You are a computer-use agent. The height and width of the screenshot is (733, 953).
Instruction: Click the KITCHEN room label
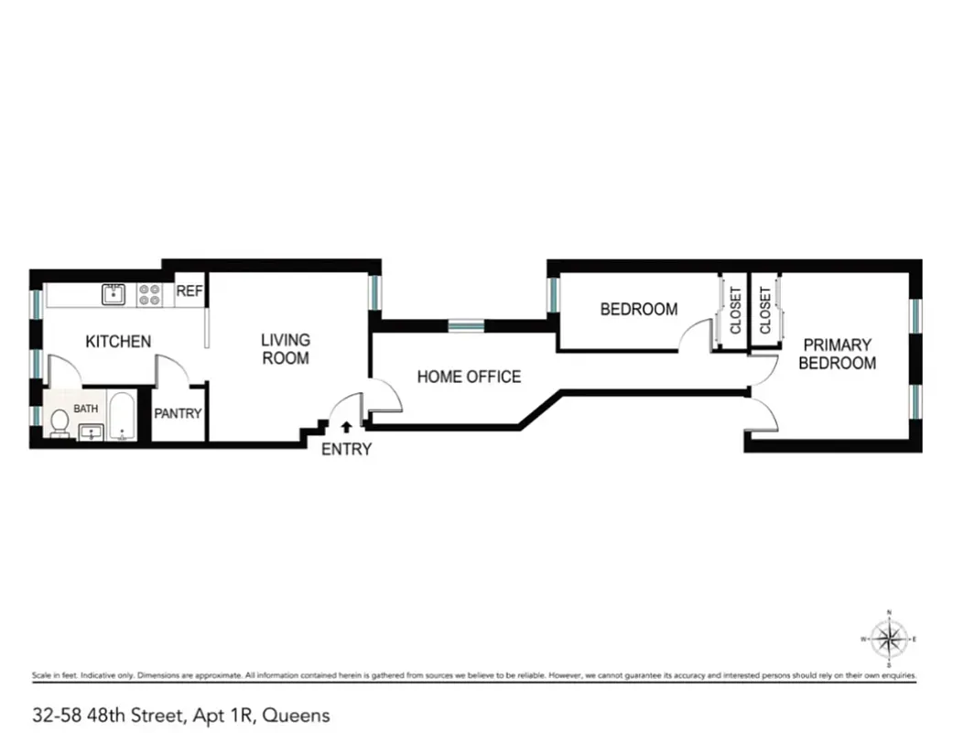(x=118, y=342)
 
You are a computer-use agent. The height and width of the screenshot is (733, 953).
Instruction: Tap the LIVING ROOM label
(x=286, y=349)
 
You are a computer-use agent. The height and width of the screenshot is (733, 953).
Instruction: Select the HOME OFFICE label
(x=469, y=377)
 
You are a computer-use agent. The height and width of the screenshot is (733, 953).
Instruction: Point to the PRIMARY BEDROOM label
(x=837, y=354)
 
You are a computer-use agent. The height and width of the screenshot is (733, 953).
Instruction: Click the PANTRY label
(x=178, y=414)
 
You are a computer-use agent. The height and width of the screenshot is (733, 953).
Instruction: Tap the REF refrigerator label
(x=190, y=292)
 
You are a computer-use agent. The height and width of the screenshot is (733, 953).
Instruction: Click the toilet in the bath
(x=60, y=423)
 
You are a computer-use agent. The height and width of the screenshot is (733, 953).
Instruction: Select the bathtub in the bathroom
(x=122, y=417)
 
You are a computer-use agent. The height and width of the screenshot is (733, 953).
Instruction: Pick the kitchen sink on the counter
(x=114, y=294)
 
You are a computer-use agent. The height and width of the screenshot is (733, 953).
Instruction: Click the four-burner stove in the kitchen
(x=149, y=294)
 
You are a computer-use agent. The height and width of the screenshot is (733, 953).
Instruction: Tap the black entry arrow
(x=346, y=426)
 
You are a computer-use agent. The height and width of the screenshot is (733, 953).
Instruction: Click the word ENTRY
(x=347, y=449)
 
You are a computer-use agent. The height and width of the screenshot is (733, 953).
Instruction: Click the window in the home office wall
(x=465, y=325)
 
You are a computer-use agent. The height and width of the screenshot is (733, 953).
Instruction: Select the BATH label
(x=85, y=409)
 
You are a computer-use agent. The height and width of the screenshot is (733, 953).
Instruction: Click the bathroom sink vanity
(x=91, y=432)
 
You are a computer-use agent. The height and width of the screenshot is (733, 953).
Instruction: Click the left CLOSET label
(x=735, y=311)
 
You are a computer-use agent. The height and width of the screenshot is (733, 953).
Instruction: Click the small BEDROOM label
(x=639, y=310)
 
